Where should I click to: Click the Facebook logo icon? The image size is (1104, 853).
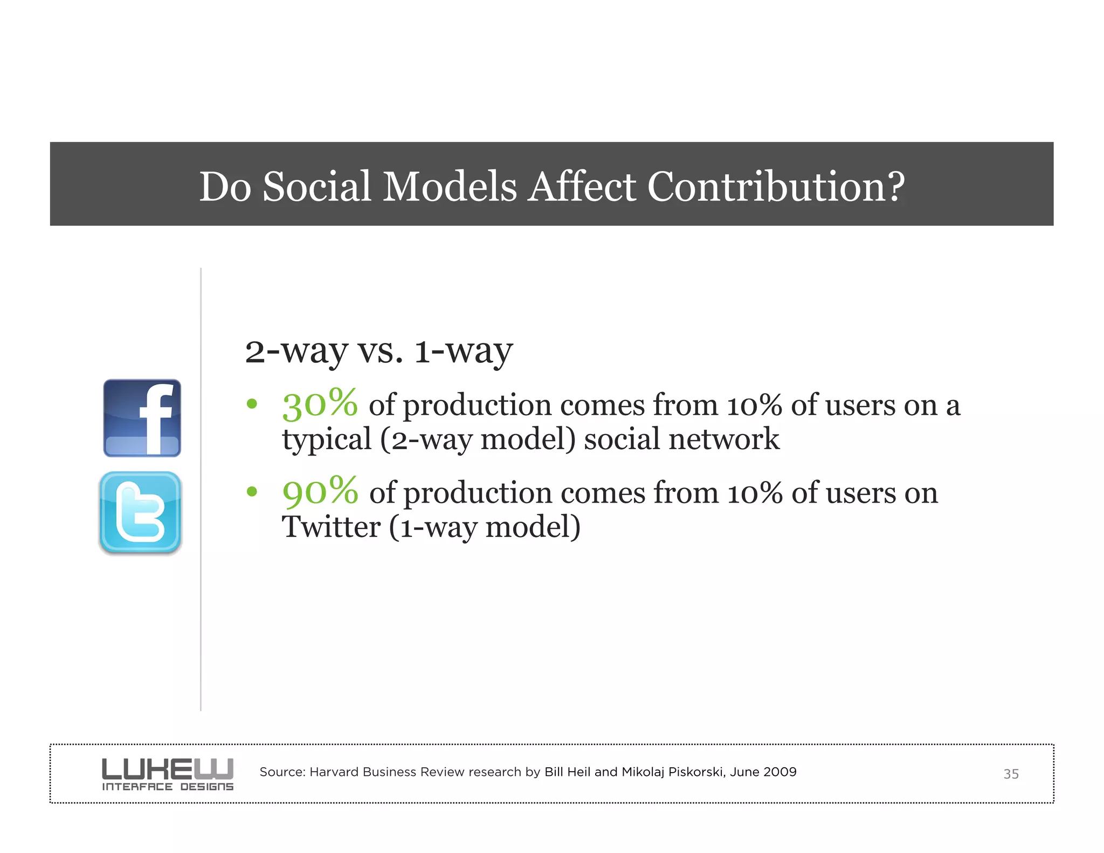[x=142, y=418]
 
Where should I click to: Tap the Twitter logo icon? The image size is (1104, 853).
[x=140, y=513]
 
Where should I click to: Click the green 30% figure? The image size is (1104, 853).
[x=320, y=404]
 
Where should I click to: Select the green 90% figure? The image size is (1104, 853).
[x=320, y=492]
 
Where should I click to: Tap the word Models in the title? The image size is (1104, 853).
[x=450, y=186]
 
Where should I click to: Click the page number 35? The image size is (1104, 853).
[x=1011, y=774]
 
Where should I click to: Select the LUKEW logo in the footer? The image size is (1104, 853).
[x=168, y=774]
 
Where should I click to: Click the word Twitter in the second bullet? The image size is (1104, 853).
[x=331, y=527]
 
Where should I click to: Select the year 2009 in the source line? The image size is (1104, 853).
[x=779, y=772]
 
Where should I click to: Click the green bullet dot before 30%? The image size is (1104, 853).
[x=252, y=404]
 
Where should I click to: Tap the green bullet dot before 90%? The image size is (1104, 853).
[x=252, y=491]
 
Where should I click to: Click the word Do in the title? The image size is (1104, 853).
[x=225, y=186]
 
